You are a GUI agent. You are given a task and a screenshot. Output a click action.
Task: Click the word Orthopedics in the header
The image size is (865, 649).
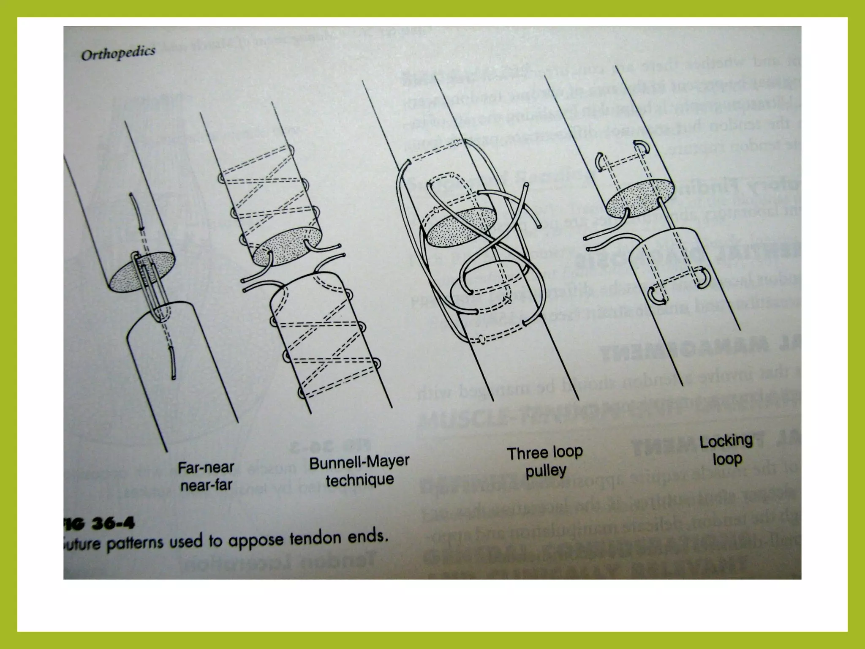[x=118, y=54]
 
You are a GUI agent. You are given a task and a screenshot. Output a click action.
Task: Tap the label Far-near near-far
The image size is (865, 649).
[x=206, y=476]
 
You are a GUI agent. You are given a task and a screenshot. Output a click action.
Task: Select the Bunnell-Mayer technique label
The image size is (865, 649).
[x=359, y=471]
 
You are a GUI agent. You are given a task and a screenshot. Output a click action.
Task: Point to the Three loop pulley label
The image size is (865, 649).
[x=545, y=461]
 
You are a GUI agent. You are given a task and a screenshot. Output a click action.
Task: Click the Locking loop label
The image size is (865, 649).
[x=726, y=450]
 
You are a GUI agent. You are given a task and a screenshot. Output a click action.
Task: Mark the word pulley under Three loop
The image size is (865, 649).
[x=546, y=471]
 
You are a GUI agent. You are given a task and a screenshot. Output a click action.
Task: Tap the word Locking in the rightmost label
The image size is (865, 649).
[x=726, y=441]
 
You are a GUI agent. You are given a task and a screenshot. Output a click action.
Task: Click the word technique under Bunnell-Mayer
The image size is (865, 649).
[x=360, y=480]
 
